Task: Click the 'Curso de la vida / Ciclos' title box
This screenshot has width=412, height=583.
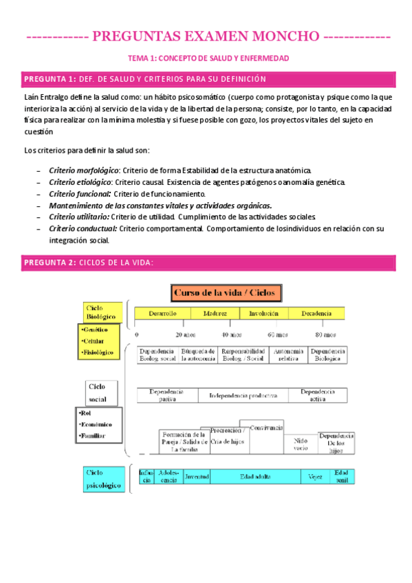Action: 225,293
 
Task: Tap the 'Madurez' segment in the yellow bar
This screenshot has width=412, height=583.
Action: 215,313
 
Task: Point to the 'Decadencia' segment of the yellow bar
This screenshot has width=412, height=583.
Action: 317,313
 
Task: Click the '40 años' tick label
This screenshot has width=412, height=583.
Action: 231,335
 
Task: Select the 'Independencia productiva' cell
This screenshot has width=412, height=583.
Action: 243,395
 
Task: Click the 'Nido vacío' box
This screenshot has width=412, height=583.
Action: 301,443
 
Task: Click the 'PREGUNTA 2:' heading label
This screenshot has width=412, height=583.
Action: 50,263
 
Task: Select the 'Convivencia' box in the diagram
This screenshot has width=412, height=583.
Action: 262,428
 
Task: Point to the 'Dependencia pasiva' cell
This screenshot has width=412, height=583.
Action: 168,395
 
